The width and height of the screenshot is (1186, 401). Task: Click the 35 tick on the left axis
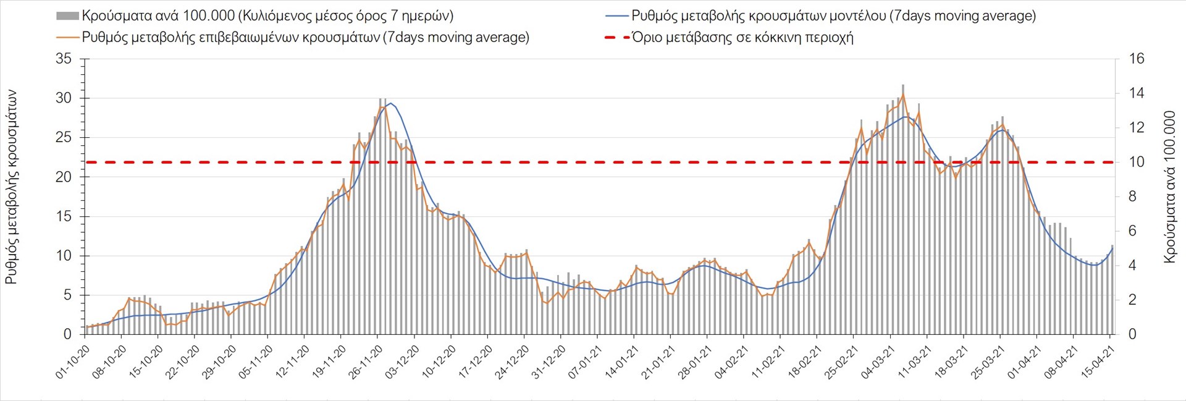[64, 59]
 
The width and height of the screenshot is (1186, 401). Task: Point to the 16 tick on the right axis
[1137, 59]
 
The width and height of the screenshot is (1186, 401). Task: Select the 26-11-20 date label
[366, 361]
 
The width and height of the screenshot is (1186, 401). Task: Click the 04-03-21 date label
[878, 361]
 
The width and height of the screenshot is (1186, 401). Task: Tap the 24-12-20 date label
[513, 361]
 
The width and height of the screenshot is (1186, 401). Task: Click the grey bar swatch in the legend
[67, 16]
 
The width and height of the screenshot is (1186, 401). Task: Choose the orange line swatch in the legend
[68, 38]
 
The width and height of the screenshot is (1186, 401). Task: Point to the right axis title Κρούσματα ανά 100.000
[1169, 187]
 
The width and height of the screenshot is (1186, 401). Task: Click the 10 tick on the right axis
[1137, 163]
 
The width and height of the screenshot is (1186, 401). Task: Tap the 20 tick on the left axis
[64, 177]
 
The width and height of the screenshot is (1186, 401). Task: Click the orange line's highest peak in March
[903, 95]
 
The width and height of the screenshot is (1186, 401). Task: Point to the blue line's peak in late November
[390, 103]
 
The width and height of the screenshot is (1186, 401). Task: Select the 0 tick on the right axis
[1132, 334]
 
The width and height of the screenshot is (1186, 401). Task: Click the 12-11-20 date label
[293, 361]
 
